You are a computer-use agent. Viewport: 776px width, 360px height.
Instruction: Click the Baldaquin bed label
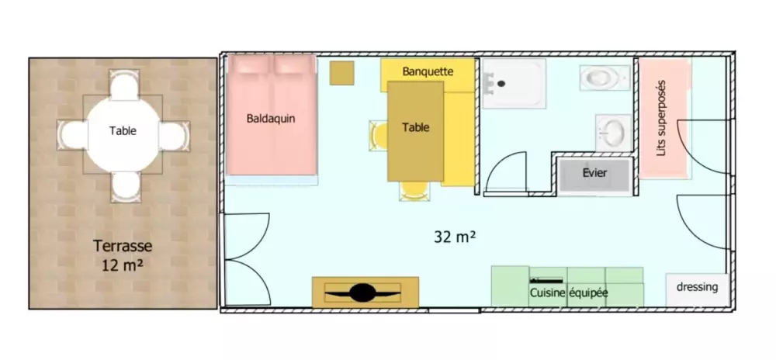[271, 119]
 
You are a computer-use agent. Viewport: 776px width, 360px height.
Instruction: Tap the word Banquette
[428, 71]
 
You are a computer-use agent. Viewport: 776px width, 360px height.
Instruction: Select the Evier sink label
[594, 173]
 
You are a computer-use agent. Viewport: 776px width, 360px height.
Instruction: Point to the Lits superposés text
[661, 119]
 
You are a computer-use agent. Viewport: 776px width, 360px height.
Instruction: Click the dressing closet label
[697, 287]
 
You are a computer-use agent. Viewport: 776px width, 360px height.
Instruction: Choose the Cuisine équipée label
[569, 292]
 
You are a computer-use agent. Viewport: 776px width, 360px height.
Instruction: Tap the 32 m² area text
[455, 237]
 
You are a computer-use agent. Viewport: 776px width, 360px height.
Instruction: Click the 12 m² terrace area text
[123, 265]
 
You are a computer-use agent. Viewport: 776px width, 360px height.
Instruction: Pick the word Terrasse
[123, 246]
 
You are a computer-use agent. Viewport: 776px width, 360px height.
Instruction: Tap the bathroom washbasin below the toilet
[613, 133]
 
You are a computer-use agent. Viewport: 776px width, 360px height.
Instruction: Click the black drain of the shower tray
[501, 84]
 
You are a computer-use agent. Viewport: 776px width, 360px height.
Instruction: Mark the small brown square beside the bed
[342, 73]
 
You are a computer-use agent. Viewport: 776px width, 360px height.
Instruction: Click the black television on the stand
[362, 292]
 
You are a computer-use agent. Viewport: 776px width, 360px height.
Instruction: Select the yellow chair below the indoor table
[414, 192]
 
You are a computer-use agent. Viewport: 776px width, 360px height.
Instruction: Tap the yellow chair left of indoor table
[379, 136]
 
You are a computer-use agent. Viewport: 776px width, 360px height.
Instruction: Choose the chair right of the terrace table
[174, 135]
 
